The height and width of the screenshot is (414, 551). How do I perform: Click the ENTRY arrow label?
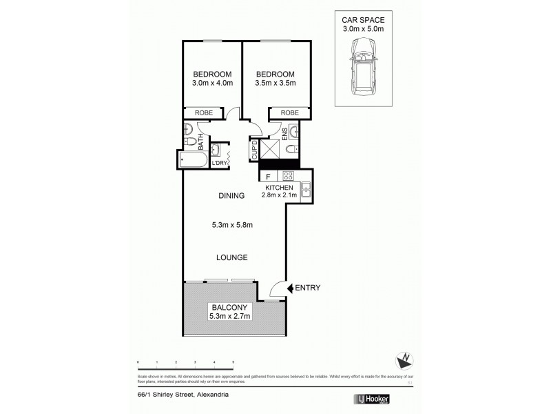304,287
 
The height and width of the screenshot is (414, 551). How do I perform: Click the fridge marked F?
268,176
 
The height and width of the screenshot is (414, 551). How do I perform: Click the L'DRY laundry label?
220,163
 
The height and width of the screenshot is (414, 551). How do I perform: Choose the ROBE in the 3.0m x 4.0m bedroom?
202,113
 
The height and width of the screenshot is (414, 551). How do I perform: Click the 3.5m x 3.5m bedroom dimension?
275,84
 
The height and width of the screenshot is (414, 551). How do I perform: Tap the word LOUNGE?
232,257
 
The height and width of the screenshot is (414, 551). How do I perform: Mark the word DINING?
232,195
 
